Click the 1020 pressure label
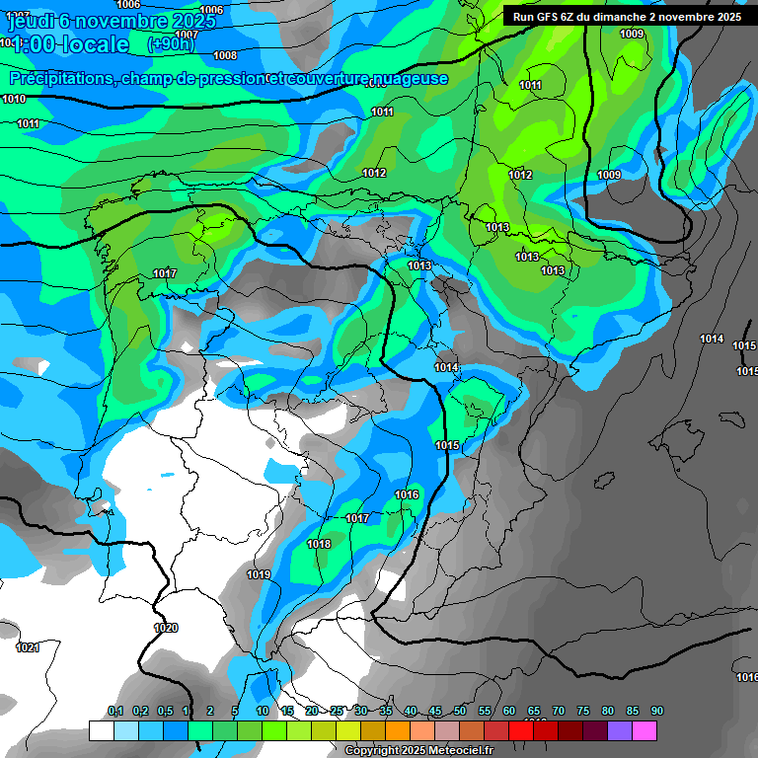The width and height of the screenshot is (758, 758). click(166, 628)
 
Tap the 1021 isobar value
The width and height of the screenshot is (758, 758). click(28, 647)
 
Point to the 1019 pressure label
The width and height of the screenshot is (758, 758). click(259, 574)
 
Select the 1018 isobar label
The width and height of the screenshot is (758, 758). click(319, 544)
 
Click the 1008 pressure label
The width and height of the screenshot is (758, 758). click(225, 55)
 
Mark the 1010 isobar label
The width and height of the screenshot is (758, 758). click(14, 99)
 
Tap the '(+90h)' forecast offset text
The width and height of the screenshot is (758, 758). click(171, 44)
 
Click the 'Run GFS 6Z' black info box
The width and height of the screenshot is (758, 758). click(627, 17)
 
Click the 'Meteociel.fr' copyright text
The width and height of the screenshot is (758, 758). click(454, 751)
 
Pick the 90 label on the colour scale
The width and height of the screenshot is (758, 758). click(656, 711)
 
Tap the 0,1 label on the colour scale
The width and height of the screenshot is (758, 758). click(114, 711)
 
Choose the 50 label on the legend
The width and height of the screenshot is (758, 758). click(460, 711)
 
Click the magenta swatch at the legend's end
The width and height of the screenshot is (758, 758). click(644, 730)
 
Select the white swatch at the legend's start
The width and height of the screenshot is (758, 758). click(101, 730)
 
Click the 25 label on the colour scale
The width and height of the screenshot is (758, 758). click(337, 711)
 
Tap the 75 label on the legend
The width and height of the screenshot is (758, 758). click(583, 711)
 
